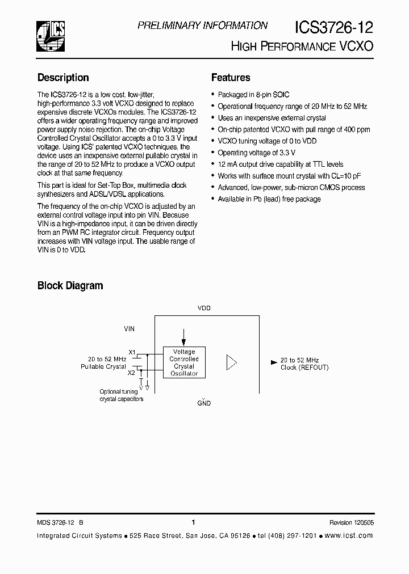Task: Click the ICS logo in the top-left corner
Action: pos(51,35)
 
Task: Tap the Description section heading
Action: pos(63,78)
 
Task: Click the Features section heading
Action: pos(231,78)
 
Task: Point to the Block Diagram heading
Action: pos(70,286)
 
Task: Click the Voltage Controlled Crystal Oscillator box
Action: pos(184,362)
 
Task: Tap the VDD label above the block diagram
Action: pos(204,308)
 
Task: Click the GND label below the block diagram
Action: pos(204,403)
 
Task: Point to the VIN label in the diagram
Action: pos(130,328)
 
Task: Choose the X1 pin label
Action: pos(132,352)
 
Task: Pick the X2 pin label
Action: pos(132,373)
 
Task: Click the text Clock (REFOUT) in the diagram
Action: pos(304,368)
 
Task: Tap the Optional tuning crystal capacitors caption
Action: pos(122,395)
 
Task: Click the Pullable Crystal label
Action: pos(103,367)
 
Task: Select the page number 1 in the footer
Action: pos(194,523)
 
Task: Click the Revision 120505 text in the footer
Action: pos(351,523)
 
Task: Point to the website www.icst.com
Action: pos(349,535)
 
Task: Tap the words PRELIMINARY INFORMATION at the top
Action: pos(203,26)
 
